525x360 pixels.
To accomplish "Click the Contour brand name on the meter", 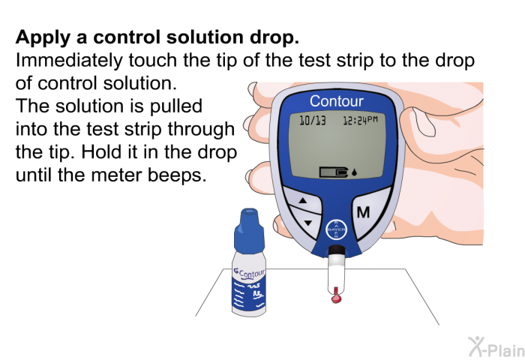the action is click(x=336, y=101).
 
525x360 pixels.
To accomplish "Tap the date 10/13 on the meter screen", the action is click(x=313, y=120).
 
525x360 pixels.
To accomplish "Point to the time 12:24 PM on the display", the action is click(x=360, y=120).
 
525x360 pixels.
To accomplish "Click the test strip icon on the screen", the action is click(x=334, y=172).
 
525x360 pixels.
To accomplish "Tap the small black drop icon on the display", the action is click(x=354, y=172).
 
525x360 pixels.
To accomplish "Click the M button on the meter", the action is click(x=363, y=212).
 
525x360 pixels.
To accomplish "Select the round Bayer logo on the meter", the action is click(x=336, y=229).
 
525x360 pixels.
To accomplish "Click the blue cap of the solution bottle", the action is click(x=249, y=232).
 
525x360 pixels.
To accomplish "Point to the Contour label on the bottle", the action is click(x=250, y=274).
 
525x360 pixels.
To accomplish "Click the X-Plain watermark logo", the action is click(x=496, y=347).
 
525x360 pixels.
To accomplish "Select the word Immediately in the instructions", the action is click(x=69, y=61).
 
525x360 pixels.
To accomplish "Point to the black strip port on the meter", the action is click(x=336, y=250).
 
